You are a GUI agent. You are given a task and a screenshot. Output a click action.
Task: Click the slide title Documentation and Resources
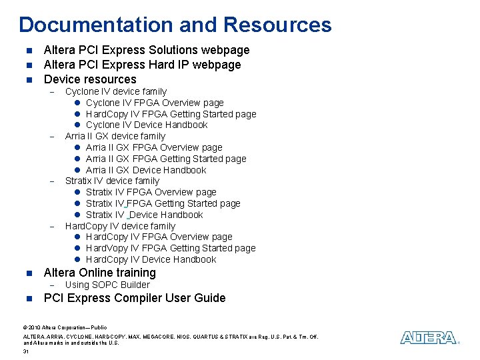click(x=175, y=25)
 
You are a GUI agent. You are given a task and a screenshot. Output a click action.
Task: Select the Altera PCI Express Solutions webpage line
click(x=146, y=50)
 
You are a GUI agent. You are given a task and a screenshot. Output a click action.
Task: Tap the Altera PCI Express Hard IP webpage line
click(x=142, y=65)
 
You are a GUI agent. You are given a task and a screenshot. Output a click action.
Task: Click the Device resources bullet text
click(x=89, y=79)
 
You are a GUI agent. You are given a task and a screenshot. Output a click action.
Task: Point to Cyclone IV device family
click(x=115, y=91)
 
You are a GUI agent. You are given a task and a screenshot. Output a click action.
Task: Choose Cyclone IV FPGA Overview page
click(x=155, y=103)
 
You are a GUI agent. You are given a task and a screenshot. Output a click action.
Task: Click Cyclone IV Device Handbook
click(x=147, y=125)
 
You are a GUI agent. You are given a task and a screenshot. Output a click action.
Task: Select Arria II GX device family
click(x=115, y=136)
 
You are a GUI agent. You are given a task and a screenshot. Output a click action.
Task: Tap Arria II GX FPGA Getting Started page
click(x=166, y=159)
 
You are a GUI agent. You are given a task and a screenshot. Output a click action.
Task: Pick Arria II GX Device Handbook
click(x=146, y=170)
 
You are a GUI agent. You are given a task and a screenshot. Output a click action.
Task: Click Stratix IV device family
click(x=112, y=181)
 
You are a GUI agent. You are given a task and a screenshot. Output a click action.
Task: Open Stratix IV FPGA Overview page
click(x=151, y=192)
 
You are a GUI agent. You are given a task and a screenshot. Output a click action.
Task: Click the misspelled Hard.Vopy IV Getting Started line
click(x=171, y=248)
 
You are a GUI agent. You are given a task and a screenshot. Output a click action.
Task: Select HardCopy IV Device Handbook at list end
click(x=151, y=259)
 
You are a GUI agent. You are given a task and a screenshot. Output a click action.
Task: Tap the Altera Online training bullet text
click(x=99, y=273)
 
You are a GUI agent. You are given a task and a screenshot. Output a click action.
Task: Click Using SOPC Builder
click(x=107, y=285)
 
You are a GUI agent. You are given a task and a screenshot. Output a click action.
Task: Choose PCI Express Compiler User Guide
click(x=134, y=298)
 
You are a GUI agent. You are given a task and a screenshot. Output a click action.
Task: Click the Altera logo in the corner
click(x=429, y=338)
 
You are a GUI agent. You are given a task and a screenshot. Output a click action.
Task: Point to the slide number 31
click(x=25, y=351)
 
